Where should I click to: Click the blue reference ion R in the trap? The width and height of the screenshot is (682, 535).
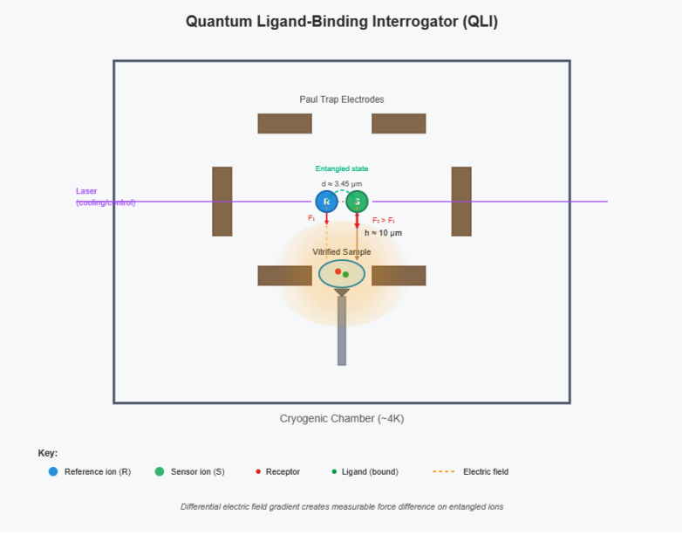(326, 202)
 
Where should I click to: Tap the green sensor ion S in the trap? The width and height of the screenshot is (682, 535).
(357, 202)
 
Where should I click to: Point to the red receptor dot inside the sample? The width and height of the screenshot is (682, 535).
(338, 271)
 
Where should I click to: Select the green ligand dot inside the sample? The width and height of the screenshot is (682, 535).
(346, 275)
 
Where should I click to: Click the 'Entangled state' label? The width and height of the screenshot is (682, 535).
(342, 168)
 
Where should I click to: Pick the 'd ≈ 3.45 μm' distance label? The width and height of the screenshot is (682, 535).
(342, 184)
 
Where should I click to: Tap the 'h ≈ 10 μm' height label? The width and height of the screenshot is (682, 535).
(383, 233)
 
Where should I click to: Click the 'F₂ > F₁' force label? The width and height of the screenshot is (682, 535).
(384, 220)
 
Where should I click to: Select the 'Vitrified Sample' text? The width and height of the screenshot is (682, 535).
(342, 252)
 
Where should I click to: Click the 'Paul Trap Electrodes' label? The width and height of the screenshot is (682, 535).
(342, 99)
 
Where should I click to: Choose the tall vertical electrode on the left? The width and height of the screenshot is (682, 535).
(222, 201)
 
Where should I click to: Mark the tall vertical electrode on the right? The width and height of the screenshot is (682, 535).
(461, 201)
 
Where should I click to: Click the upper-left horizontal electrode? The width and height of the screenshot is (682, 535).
(284, 123)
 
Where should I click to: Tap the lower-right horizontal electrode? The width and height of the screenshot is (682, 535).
(399, 276)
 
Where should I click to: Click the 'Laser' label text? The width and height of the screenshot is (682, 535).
(87, 191)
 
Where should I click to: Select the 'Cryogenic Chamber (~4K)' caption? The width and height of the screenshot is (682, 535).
(342, 419)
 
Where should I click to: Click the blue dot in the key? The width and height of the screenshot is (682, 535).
(53, 472)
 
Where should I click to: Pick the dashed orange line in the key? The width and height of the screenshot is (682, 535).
(444, 472)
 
